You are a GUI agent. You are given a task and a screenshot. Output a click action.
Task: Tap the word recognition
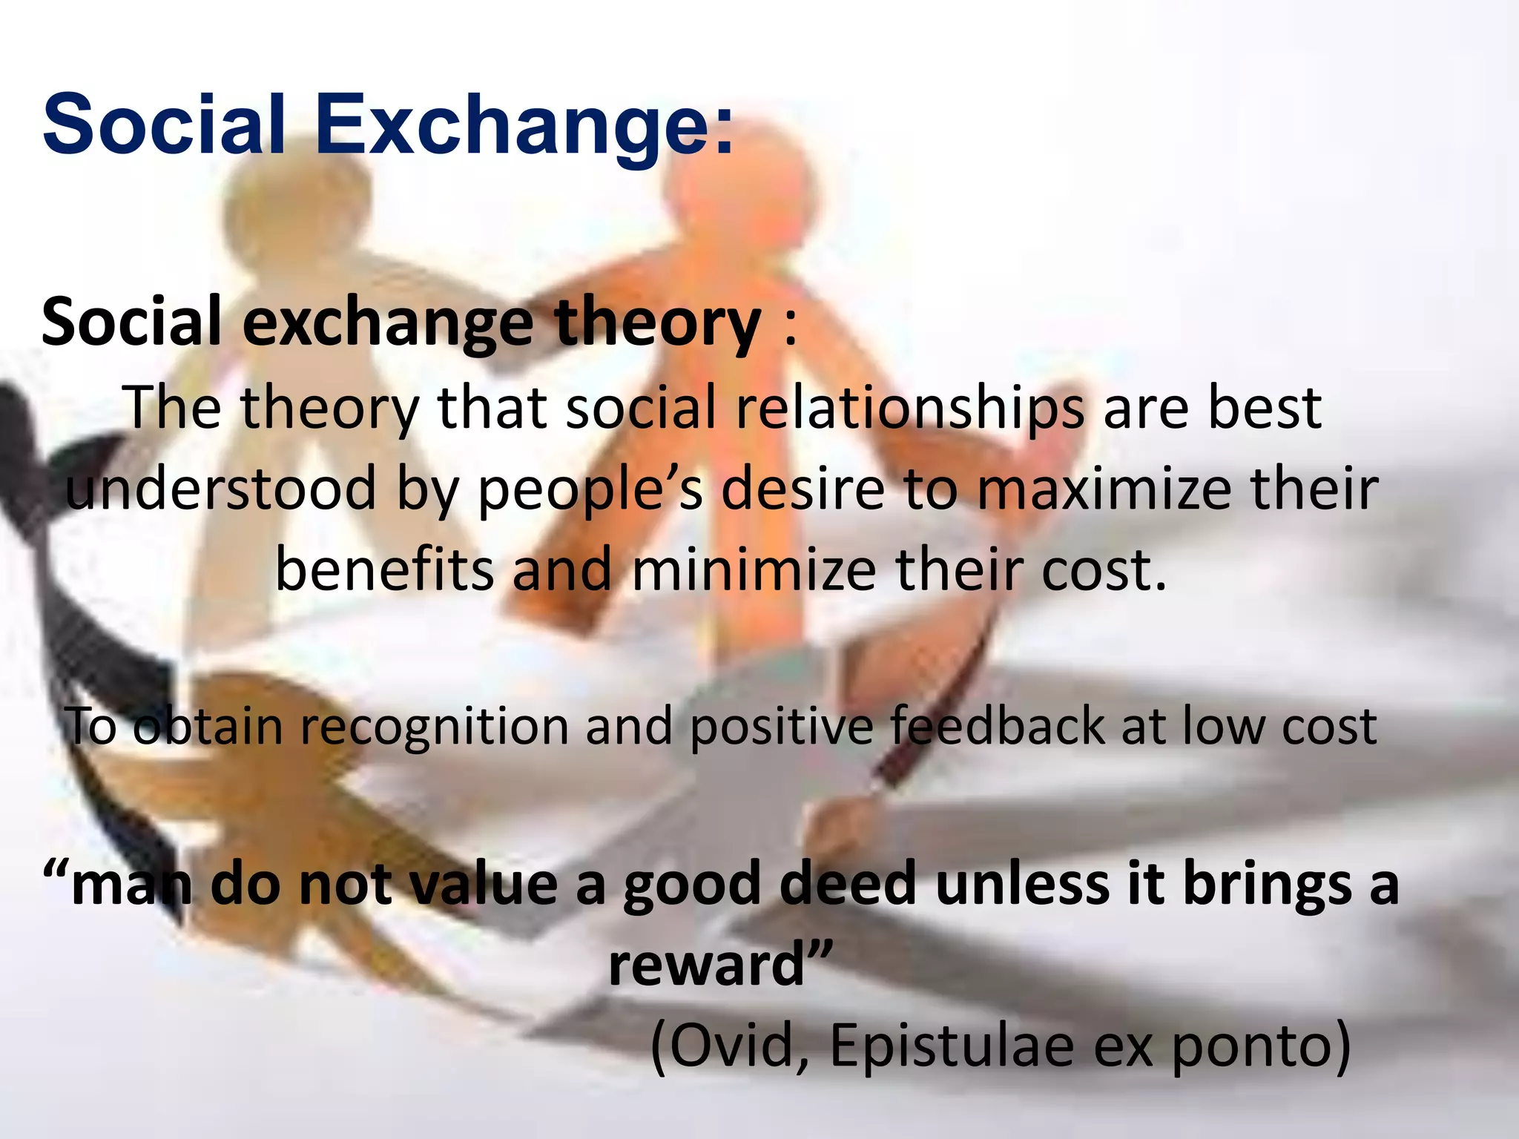pos(434,726)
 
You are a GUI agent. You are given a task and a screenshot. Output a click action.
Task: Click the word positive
pos(782,726)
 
